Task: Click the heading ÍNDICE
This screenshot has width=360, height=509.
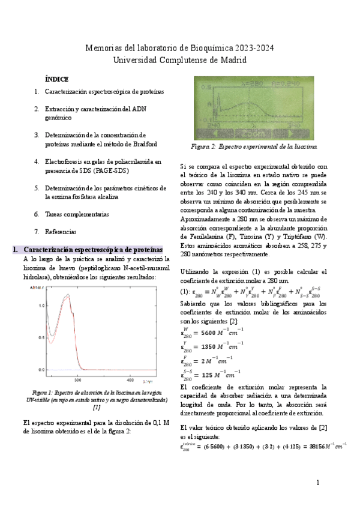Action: pos(57,79)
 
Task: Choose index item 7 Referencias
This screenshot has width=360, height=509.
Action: pos(61,232)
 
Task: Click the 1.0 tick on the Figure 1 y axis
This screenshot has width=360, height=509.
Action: pos(41,306)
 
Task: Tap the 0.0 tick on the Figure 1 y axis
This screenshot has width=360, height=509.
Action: pos(41,369)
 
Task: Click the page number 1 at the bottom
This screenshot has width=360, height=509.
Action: pos(318,483)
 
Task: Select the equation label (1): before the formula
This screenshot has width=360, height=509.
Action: pos(185,292)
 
